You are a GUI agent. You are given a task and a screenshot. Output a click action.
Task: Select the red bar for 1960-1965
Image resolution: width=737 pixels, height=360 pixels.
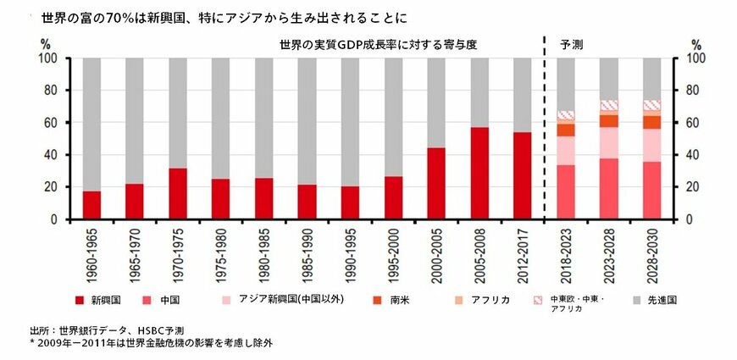[91, 205]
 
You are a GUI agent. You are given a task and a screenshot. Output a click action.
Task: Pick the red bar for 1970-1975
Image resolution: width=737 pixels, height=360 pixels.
[178, 193]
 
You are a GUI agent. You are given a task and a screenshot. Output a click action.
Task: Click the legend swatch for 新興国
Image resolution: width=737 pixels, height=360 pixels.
[79, 300]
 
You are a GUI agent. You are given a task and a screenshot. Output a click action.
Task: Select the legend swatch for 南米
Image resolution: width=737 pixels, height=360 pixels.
[377, 300]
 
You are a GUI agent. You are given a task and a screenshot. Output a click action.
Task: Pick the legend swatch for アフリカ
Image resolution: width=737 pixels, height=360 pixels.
[458, 300]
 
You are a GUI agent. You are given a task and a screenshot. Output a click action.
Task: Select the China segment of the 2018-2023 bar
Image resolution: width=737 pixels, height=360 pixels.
[566, 191]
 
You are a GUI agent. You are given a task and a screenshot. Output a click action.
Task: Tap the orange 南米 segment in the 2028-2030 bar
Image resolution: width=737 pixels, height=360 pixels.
[652, 122]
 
